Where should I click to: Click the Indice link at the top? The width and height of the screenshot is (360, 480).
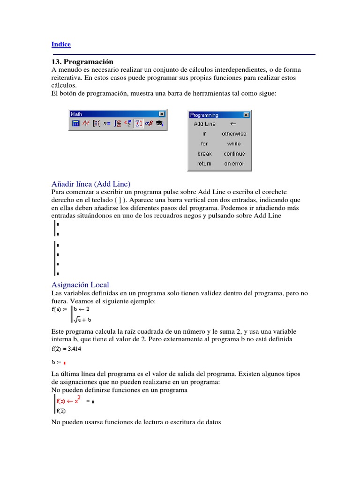(61, 45)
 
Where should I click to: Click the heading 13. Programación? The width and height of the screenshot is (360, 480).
(82, 62)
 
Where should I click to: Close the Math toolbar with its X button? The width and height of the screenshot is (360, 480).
(161, 114)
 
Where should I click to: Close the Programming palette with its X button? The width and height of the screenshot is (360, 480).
(246, 115)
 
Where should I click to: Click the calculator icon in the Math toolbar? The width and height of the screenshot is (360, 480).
(75, 123)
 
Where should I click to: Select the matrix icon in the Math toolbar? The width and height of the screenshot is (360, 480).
(97, 123)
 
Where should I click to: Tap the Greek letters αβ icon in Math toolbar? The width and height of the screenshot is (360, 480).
(149, 123)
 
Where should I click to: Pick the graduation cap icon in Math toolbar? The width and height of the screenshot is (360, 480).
(160, 123)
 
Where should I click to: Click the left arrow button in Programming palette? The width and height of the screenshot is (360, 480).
(233, 124)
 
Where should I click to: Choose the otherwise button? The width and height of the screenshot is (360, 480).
(233, 134)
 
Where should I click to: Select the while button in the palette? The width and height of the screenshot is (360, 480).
(233, 144)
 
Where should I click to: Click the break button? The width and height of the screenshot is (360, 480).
(204, 154)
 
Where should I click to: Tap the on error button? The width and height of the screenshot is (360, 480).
(233, 164)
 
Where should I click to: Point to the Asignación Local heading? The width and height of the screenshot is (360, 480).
(80, 285)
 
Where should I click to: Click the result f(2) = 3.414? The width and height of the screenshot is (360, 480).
(68, 348)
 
